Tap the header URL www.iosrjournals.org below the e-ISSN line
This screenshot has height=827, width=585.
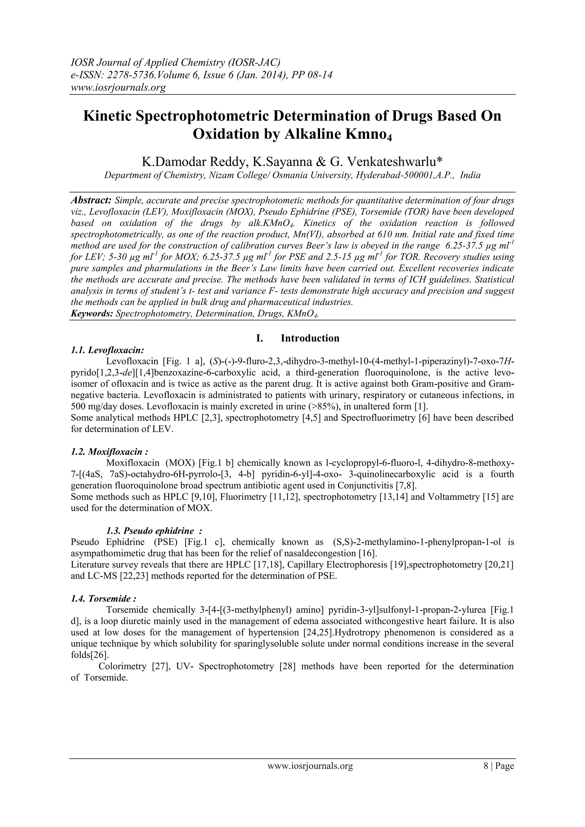[x=117, y=87]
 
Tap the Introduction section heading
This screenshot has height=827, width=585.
[x=310, y=338]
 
